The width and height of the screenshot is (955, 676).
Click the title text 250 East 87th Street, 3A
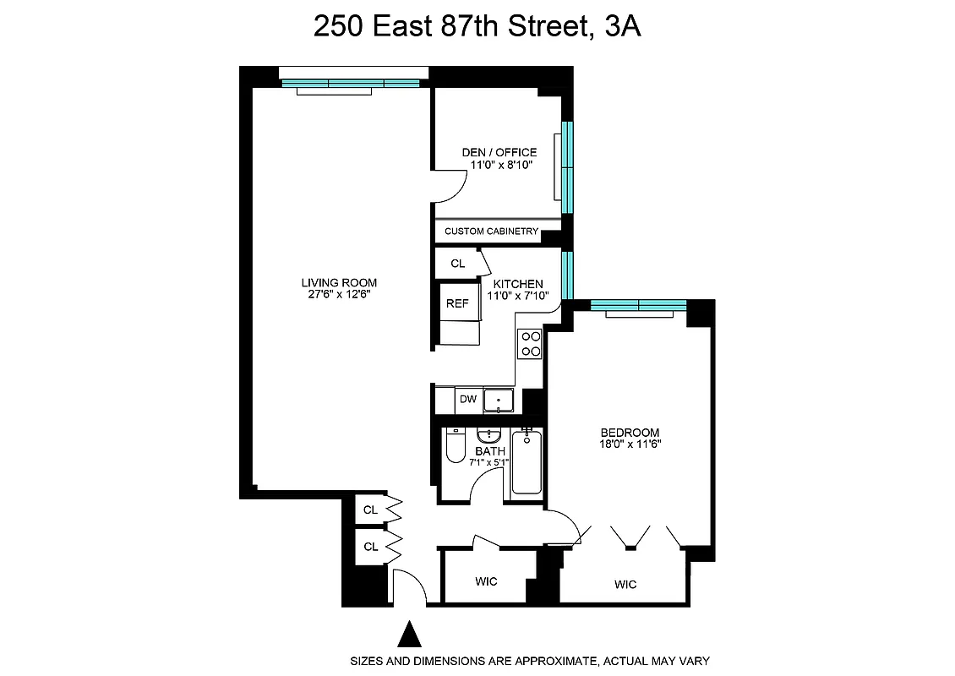point(477,27)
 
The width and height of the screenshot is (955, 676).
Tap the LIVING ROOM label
point(339,282)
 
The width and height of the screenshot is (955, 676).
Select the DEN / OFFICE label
point(499,152)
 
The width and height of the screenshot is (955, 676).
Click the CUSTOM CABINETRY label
point(491,231)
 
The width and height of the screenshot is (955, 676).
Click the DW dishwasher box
point(467,400)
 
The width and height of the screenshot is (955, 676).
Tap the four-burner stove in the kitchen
point(530,343)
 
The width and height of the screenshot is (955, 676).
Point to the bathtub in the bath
point(527,462)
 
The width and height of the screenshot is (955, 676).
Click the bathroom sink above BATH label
point(488,436)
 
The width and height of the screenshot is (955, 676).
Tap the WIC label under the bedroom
point(625,585)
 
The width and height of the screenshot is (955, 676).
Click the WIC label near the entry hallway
point(486,581)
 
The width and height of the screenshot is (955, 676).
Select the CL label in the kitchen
point(457,264)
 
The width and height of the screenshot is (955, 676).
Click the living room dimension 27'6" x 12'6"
point(339,294)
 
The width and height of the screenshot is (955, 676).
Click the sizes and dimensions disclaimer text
point(530,661)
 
